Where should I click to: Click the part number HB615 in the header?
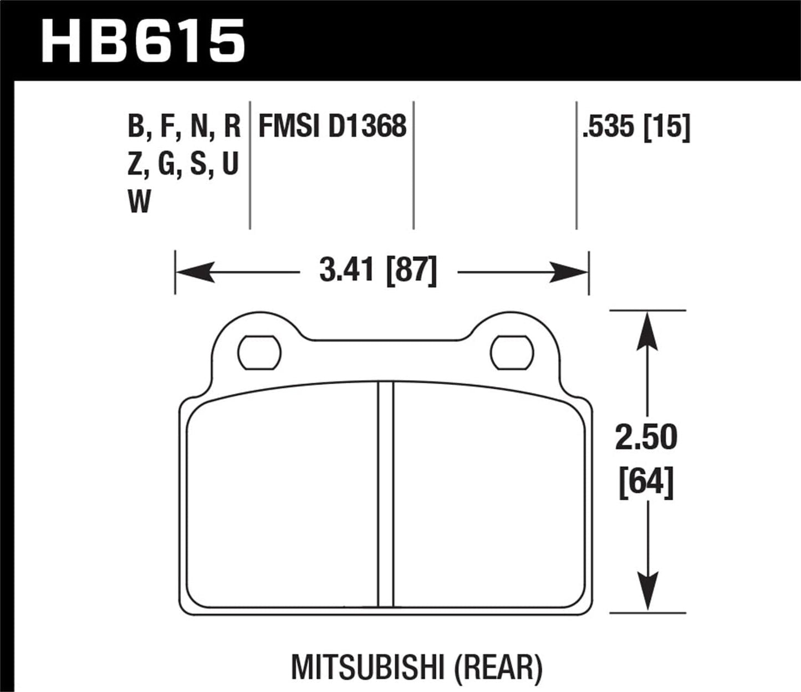143,42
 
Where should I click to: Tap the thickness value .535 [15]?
636,127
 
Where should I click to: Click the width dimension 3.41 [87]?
378,272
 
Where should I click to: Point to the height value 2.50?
646,437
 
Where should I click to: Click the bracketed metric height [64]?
646,481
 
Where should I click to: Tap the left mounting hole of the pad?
259,352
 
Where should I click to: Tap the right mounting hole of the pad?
512,352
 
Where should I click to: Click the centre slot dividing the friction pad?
385,493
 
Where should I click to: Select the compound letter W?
139,202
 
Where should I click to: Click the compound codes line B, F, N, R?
184,127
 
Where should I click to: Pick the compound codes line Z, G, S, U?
183,165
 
